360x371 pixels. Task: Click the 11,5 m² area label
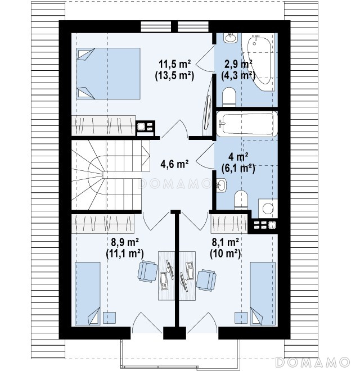(175, 64)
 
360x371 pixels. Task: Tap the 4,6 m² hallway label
(174, 164)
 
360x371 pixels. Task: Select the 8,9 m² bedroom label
(125, 242)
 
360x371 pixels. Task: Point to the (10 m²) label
(225, 254)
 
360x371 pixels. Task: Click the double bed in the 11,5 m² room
(109, 74)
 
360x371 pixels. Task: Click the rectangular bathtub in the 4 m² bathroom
(247, 124)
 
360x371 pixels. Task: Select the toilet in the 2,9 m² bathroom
(229, 97)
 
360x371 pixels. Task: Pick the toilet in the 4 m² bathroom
(241, 200)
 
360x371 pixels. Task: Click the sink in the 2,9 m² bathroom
(231, 38)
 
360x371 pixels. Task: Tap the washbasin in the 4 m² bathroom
(221, 185)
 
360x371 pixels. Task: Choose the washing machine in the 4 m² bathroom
(268, 209)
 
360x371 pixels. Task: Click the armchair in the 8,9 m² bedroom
(148, 272)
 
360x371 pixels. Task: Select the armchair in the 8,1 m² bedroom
(206, 280)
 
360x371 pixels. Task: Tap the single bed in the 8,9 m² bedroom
(88, 293)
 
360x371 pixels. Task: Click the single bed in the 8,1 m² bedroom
(263, 293)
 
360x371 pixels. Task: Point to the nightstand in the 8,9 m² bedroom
(110, 318)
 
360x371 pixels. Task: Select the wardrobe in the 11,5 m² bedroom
(103, 126)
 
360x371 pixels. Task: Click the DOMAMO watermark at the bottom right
(313, 362)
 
